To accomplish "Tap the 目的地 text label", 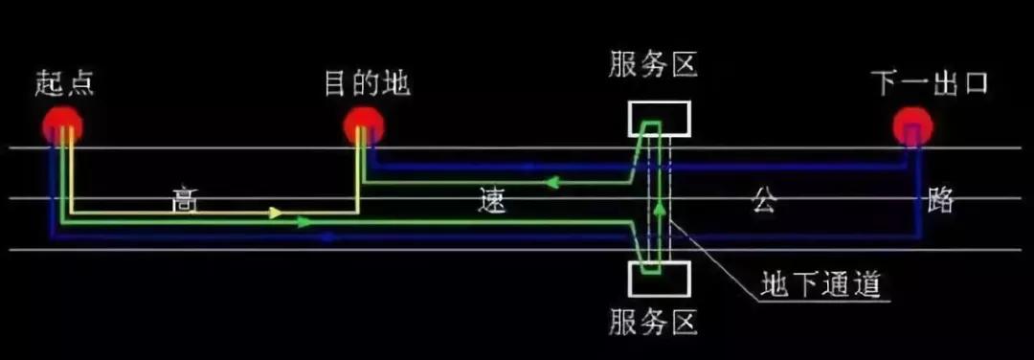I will (367, 82).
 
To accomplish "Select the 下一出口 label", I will (929, 82).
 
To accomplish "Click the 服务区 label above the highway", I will (657, 66).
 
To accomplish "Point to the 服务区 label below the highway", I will (657, 323).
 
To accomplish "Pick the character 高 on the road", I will (183, 201).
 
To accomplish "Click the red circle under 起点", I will (62, 125).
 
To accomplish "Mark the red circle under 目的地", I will (364, 125).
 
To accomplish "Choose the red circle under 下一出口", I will (912, 126).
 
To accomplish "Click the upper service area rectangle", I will (658, 118).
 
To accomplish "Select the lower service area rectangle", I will (658, 279).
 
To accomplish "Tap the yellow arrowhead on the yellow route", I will (276, 213).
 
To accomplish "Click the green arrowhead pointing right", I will (304, 222).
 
